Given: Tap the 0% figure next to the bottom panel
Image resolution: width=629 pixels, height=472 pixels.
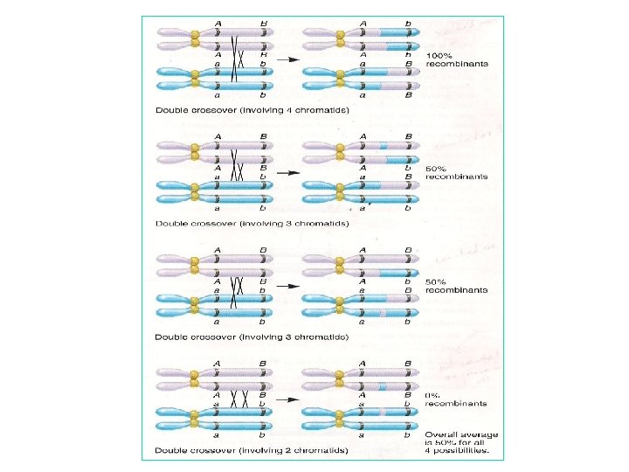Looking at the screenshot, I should pyautogui.click(x=432, y=395).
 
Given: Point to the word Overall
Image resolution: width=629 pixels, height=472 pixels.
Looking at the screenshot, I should pyautogui.click(x=439, y=434).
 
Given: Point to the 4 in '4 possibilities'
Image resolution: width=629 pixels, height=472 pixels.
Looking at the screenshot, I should pyautogui.click(x=428, y=452).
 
